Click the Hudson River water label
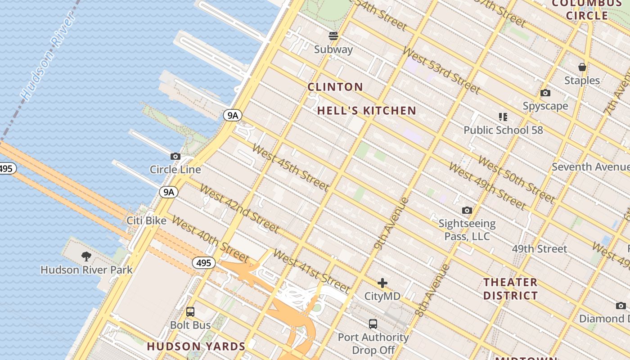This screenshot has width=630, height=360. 47,57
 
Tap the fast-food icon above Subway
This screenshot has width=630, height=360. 333,36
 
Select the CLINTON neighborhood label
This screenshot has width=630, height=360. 335,87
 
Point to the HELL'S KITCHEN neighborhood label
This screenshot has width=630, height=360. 367,111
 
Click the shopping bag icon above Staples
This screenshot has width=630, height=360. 582,67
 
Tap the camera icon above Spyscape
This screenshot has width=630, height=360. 545,93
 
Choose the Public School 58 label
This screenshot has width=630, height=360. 503,130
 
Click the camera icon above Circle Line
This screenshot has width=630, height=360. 175,157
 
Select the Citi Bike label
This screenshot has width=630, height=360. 146,220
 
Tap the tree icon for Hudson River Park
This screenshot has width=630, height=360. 86,257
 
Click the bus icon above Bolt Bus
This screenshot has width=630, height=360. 190,311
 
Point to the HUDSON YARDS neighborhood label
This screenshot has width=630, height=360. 196,346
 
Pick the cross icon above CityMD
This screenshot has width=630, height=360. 382,283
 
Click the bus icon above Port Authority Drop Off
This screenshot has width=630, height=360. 373,324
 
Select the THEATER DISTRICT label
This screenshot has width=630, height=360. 510,289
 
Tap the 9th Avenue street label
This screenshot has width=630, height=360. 391,223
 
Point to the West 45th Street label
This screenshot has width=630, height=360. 291,167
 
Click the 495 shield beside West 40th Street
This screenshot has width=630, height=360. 204,263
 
